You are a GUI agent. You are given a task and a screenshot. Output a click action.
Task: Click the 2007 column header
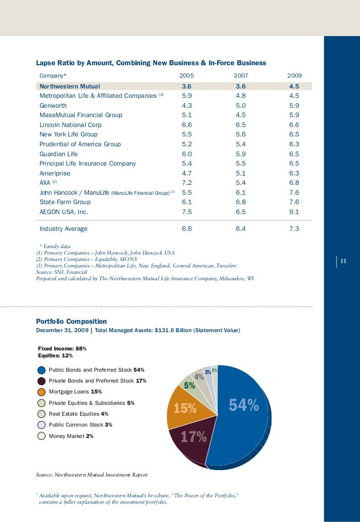coord(241,76)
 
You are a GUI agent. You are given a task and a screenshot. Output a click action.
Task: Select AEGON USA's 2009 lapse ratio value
coord(294,212)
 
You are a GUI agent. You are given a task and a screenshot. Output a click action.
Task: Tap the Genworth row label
coord(53,105)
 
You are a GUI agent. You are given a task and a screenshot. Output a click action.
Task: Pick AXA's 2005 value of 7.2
coord(187,183)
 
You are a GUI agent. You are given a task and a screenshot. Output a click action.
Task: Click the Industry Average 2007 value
coord(241,229)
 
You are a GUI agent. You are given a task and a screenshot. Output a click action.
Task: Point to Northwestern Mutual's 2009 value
coord(294,86)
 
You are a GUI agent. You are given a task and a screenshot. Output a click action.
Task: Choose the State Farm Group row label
coord(65,202)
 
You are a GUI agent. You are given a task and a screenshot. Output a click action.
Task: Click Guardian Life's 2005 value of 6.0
coord(187,154)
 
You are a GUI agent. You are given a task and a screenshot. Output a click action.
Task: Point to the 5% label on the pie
coord(189,386)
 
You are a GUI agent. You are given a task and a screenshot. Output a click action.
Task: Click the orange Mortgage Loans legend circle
coord(42,392)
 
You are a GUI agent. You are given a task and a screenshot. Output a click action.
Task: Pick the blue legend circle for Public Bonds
coord(42,370)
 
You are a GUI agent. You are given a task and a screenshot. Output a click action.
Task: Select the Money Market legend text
coord(71,436)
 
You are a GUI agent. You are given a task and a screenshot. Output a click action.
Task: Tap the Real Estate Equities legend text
coord(79,414)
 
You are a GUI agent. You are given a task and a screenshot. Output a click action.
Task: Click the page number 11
coord(344,261)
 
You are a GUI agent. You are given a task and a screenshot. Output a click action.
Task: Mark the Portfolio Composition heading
coord(71,322)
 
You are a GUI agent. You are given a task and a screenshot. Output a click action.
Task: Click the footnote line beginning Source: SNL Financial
coord(61,272)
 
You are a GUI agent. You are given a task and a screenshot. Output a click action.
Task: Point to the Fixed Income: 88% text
coord(62,348)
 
